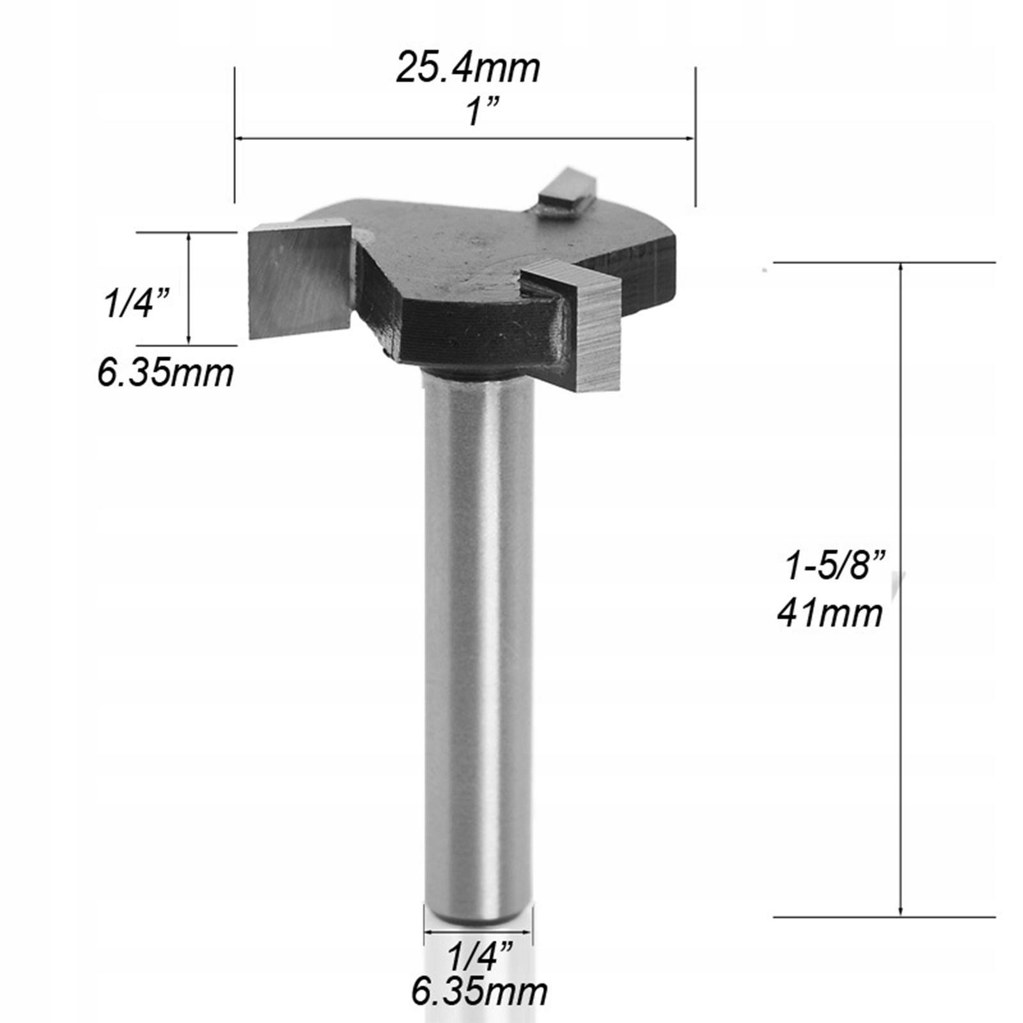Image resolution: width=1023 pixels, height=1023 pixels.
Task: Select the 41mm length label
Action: [830, 614]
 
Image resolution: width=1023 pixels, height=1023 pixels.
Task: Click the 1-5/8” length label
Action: [836, 566]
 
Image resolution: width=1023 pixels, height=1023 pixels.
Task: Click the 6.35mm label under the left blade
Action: [166, 373]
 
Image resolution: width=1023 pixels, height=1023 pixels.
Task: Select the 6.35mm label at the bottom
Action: [480, 992]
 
